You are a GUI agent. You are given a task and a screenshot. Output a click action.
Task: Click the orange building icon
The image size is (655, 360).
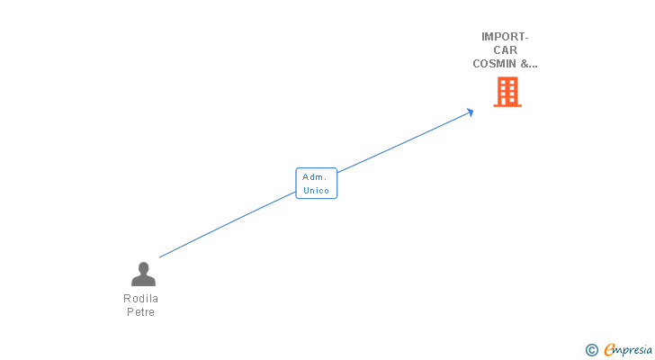(507, 92)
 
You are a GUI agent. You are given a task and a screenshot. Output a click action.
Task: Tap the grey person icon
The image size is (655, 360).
(143, 274)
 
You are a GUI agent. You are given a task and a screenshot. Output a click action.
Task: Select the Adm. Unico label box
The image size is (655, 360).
(316, 184)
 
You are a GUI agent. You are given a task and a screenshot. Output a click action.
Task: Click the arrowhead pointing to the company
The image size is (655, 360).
(469, 112)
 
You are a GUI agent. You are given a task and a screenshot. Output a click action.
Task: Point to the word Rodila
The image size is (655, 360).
(140, 299)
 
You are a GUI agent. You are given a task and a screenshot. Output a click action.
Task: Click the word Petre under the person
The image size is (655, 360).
(140, 312)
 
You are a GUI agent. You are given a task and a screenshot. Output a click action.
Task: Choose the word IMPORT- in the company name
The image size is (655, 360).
(505, 37)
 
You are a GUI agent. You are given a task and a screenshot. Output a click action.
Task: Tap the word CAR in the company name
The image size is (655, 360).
(505, 50)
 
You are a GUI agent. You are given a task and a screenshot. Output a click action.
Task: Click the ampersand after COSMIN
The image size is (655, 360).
(525, 64)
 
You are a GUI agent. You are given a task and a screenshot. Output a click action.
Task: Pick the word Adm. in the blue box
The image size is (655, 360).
(315, 177)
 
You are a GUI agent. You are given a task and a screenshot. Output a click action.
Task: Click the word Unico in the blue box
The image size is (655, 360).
(316, 191)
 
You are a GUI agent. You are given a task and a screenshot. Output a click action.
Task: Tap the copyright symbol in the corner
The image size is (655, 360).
(592, 350)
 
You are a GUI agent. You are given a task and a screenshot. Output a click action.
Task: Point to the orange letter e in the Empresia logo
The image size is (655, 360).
(610, 350)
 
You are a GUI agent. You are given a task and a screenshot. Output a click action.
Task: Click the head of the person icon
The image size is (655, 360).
(143, 267)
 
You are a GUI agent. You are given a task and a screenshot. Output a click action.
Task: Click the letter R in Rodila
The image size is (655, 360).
(127, 299)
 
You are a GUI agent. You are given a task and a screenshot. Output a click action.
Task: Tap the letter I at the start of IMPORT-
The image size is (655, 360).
(483, 37)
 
